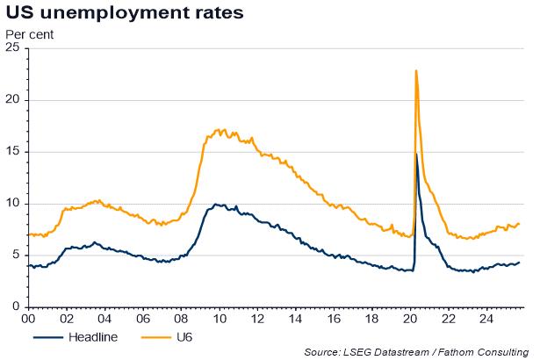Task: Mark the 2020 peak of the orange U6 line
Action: coord(415,70)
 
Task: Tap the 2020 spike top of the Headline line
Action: coord(415,154)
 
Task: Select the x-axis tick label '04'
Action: coord(104,320)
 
